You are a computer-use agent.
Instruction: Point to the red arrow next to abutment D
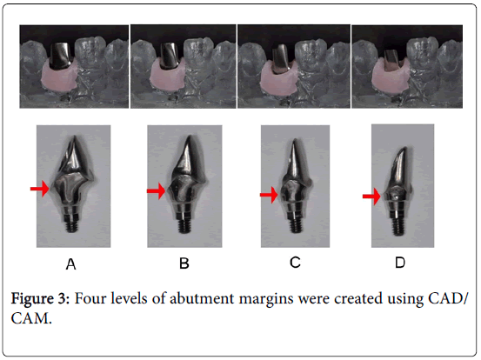point(371,198)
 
